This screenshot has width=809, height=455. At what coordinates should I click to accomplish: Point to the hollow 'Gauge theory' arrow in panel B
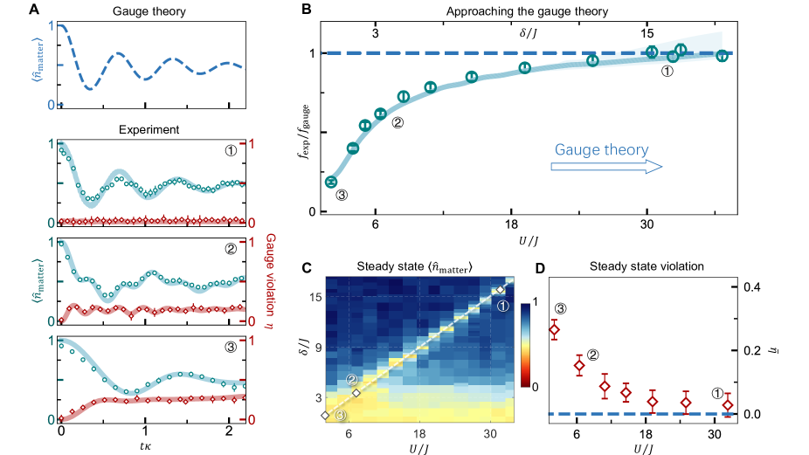click(x=607, y=166)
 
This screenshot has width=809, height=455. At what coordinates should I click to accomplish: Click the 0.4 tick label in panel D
click(x=751, y=286)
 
